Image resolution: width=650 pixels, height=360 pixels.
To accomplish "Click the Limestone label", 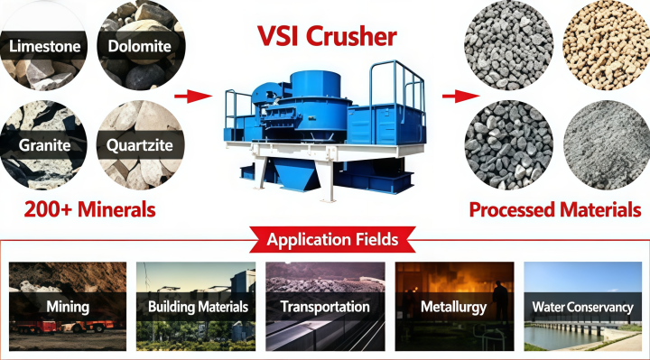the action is [45, 46].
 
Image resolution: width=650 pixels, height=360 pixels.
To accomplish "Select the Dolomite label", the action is [139, 46].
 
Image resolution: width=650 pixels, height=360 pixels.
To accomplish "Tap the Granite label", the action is [45, 145].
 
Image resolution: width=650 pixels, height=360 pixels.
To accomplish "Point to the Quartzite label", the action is [139, 145].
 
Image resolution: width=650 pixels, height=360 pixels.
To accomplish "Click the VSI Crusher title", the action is [327, 36].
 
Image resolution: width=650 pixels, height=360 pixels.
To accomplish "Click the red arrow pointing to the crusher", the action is [193, 97].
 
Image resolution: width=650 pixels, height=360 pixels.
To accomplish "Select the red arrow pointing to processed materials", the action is [460, 97].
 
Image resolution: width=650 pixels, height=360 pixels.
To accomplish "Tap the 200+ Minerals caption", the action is [90, 209].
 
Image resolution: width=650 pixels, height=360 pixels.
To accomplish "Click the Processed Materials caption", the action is [555, 209].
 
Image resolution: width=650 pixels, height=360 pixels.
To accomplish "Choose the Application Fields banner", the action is [332, 239].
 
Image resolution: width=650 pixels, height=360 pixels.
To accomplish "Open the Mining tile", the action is [68, 306].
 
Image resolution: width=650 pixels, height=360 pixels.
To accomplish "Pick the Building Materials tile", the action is [196, 306].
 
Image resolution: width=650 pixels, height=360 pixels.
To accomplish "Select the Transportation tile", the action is [325, 306].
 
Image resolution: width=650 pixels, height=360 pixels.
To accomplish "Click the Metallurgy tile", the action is [454, 306].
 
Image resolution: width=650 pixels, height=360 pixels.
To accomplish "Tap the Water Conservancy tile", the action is [583, 306].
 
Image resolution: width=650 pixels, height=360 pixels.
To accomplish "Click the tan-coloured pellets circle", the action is [607, 46].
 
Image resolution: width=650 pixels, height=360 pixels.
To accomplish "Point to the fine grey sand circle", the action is [607, 145].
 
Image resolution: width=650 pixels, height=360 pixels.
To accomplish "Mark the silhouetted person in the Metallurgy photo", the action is [501, 301].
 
